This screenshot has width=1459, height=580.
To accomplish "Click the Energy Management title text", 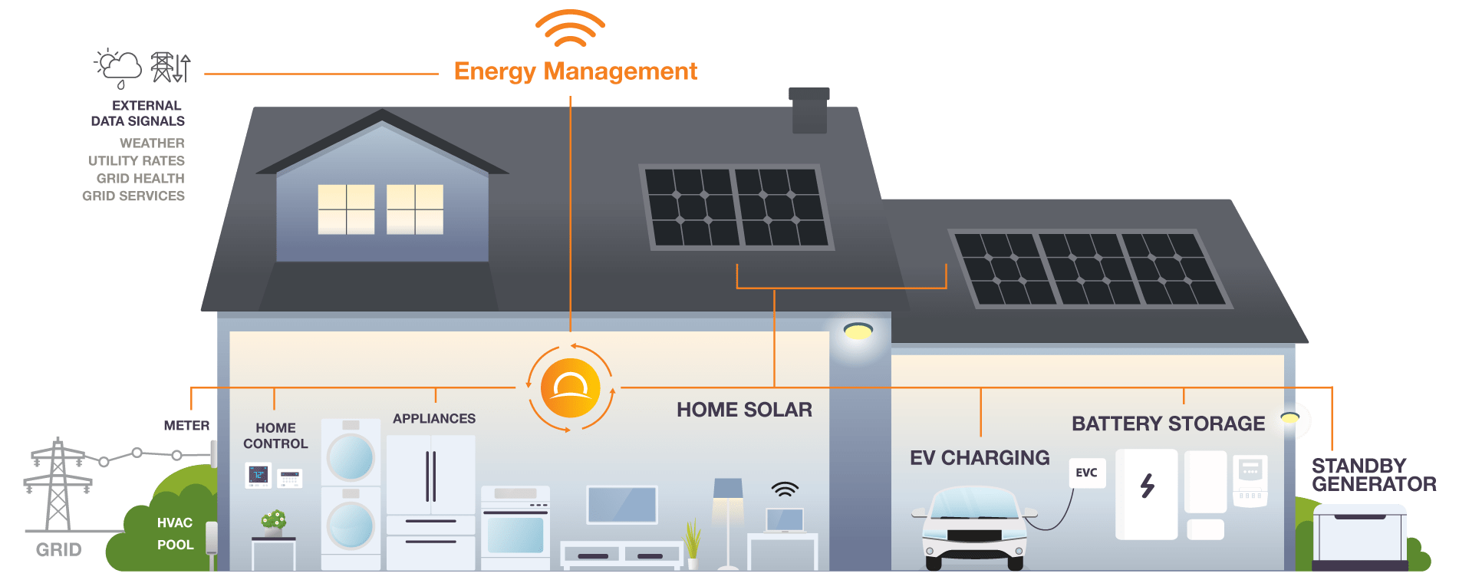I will pos(575,71).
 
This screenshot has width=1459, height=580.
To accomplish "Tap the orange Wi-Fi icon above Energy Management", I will pos(570,29).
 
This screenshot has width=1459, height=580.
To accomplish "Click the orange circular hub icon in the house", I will pos(570,388).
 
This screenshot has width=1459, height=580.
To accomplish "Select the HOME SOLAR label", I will pos(743,410).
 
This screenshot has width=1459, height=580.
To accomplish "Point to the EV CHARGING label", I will pos(979,458).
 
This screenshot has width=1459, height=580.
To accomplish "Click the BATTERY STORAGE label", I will pos(1168,423).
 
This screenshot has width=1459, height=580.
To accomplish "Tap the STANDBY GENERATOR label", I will pos(1373,475).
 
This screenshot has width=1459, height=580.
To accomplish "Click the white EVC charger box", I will pos(1086,473).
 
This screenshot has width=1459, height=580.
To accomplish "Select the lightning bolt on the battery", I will pos(1147,486).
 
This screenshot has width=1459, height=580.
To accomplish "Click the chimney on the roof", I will pos(809,110).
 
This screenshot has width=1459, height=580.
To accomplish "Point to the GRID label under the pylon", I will pos(58,549).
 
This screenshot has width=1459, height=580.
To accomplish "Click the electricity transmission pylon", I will pos(58,483).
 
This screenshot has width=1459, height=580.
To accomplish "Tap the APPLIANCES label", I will pos(434,418).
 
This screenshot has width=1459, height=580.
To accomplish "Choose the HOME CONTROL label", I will pos(275,436).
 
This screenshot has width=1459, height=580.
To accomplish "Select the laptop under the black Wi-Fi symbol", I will pos(785,520).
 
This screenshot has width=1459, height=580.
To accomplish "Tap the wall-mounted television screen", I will pos(621,505).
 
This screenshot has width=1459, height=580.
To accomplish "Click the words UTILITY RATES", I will pos(137,161).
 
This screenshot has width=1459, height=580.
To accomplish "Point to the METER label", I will pos(186,425).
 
